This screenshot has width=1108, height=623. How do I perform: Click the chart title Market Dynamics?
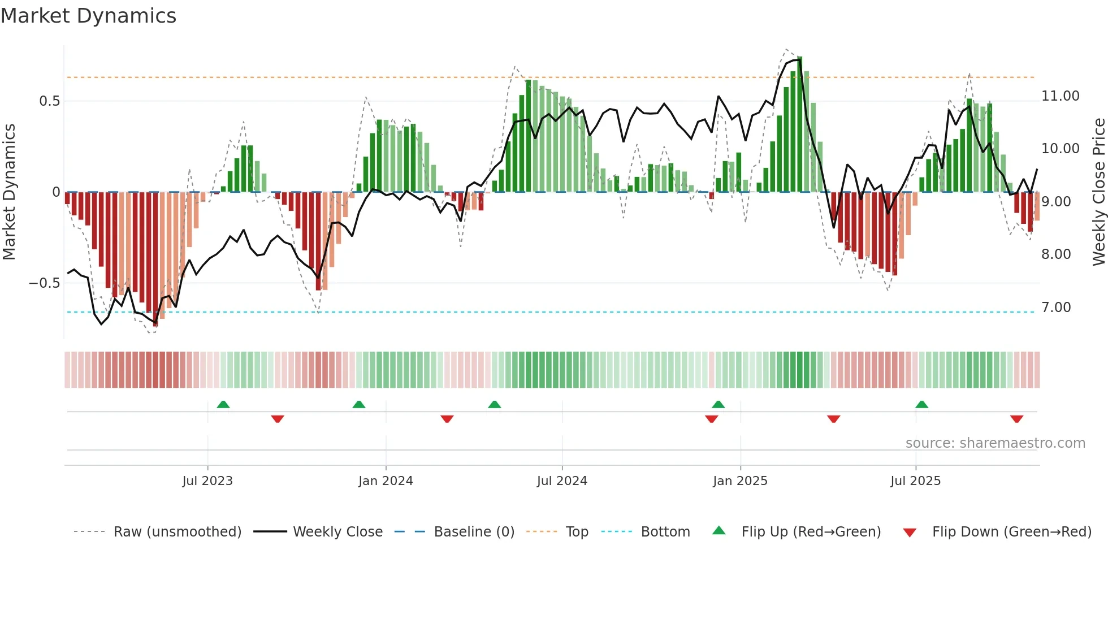(x=88, y=16)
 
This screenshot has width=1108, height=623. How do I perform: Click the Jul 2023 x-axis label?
(x=207, y=481)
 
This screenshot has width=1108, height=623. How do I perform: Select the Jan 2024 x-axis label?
(x=386, y=481)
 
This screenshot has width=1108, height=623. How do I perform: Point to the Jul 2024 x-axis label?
(x=562, y=481)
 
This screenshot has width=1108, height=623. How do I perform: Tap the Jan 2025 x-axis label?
(x=740, y=481)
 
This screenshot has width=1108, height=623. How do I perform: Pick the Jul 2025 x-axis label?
(x=915, y=481)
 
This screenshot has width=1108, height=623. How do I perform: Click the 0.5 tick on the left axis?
(x=49, y=101)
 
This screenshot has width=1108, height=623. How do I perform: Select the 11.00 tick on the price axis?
(x=1061, y=96)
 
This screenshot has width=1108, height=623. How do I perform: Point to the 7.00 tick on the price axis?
(x=1056, y=308)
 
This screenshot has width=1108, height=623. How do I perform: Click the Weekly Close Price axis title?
(x=1098, y=192)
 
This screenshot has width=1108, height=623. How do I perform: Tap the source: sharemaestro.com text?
(x=995, y=443)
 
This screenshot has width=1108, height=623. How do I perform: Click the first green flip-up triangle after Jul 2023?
(x=223, y=404)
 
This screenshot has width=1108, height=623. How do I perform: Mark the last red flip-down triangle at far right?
(x=1016, y=419)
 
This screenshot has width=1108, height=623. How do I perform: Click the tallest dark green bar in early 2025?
(x=799, y=124)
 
